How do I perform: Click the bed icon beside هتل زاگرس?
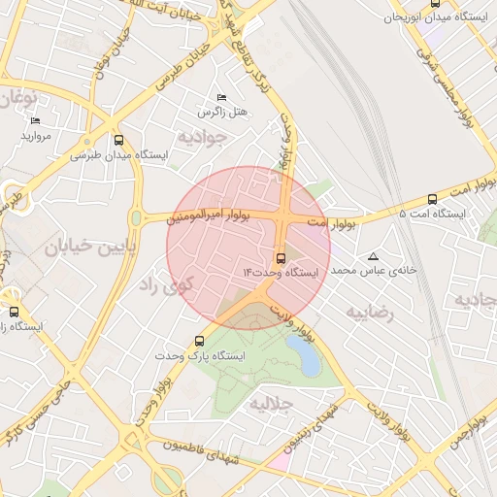[x=222, y=98]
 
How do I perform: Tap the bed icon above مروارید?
[x=36, y=121]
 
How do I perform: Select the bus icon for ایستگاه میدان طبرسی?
[x=119, y=140]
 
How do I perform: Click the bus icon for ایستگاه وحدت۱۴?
[x=281, y=258]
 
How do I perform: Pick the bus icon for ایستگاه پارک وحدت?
[x=200, y=341]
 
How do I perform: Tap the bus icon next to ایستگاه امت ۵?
[x=431, y=196]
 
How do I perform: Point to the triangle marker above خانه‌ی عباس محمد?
[x=373, y=256]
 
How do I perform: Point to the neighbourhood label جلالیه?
[x=271, y=403]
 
